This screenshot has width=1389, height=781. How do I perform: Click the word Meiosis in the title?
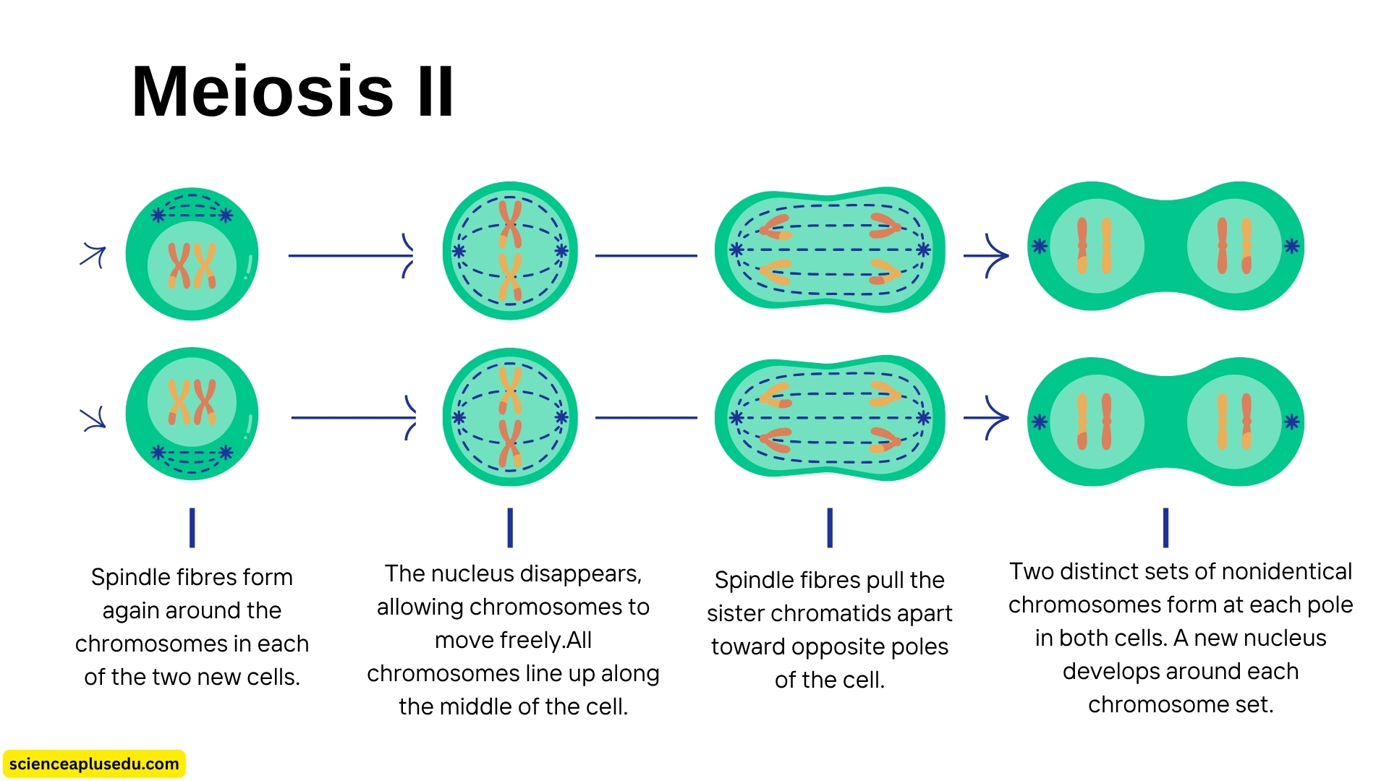[x=262, y=92]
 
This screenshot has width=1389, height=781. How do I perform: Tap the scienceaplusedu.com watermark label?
[x=94, y=764]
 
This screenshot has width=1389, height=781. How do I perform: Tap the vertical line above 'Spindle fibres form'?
[x=192, y=527]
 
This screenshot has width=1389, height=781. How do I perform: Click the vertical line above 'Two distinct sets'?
[x=1165, y=527]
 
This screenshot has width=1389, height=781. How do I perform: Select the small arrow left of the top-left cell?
[x=93, y=255]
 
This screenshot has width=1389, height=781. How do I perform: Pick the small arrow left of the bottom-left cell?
[x=93, y=419]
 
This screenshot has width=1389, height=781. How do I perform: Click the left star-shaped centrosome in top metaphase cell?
[x=459, y=251]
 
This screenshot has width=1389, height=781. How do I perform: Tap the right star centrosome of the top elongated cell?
[x=923, y=250]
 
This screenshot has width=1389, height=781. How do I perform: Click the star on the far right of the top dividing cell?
[x=1291, y=247]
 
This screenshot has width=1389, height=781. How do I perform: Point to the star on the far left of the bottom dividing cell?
[x=1040, y=422]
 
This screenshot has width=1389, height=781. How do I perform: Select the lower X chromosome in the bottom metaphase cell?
[x=510, y=443]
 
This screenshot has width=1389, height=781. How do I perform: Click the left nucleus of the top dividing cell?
[x=1096, y=247]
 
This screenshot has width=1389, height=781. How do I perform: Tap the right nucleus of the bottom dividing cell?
[x=1234, y=422]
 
